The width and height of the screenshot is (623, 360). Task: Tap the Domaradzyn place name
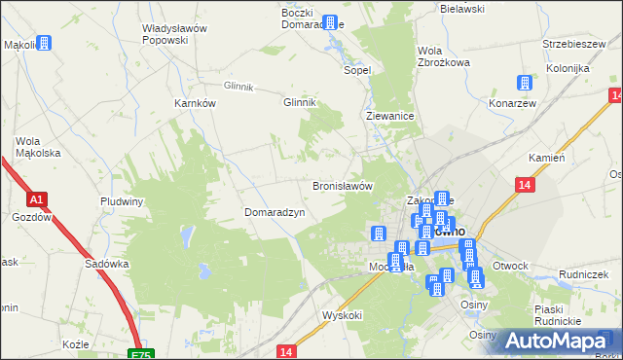coord(275,211)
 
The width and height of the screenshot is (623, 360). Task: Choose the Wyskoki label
coord(342,315)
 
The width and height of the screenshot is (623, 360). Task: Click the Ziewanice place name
coord(390,115)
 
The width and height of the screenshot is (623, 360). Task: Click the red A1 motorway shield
coord(37,199)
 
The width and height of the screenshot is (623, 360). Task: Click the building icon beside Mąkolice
coord(44,44)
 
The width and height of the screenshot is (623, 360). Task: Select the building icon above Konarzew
coord(527,84)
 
